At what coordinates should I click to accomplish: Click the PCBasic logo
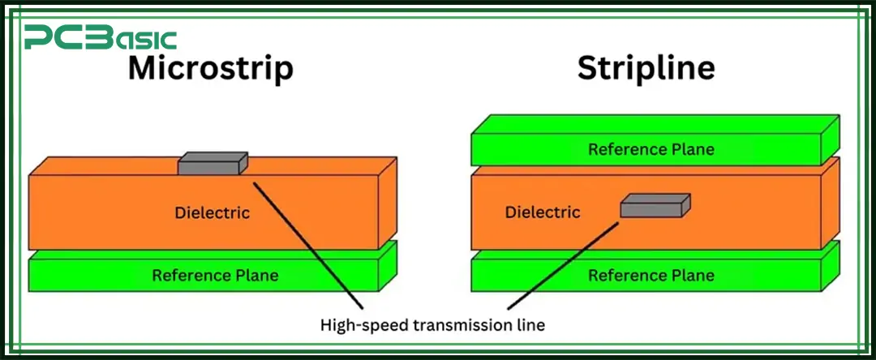[100, 37]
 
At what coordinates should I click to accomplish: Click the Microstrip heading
[210, 69]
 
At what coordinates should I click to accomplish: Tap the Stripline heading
[646, 69]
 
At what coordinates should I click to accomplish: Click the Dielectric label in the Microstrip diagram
[212, 213]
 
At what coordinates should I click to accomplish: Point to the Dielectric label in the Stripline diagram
[543, 212]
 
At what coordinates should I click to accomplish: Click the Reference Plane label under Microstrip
[215, 276]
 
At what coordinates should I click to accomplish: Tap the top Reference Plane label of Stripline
[651, 149]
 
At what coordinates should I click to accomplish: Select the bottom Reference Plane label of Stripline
[651, 276]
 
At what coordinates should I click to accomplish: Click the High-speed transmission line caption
[432, 325]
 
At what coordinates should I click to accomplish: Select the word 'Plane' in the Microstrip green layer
[256, 276]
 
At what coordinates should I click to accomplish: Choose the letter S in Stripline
[586, 69]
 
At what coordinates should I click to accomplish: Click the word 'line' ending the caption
[530, 325]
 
